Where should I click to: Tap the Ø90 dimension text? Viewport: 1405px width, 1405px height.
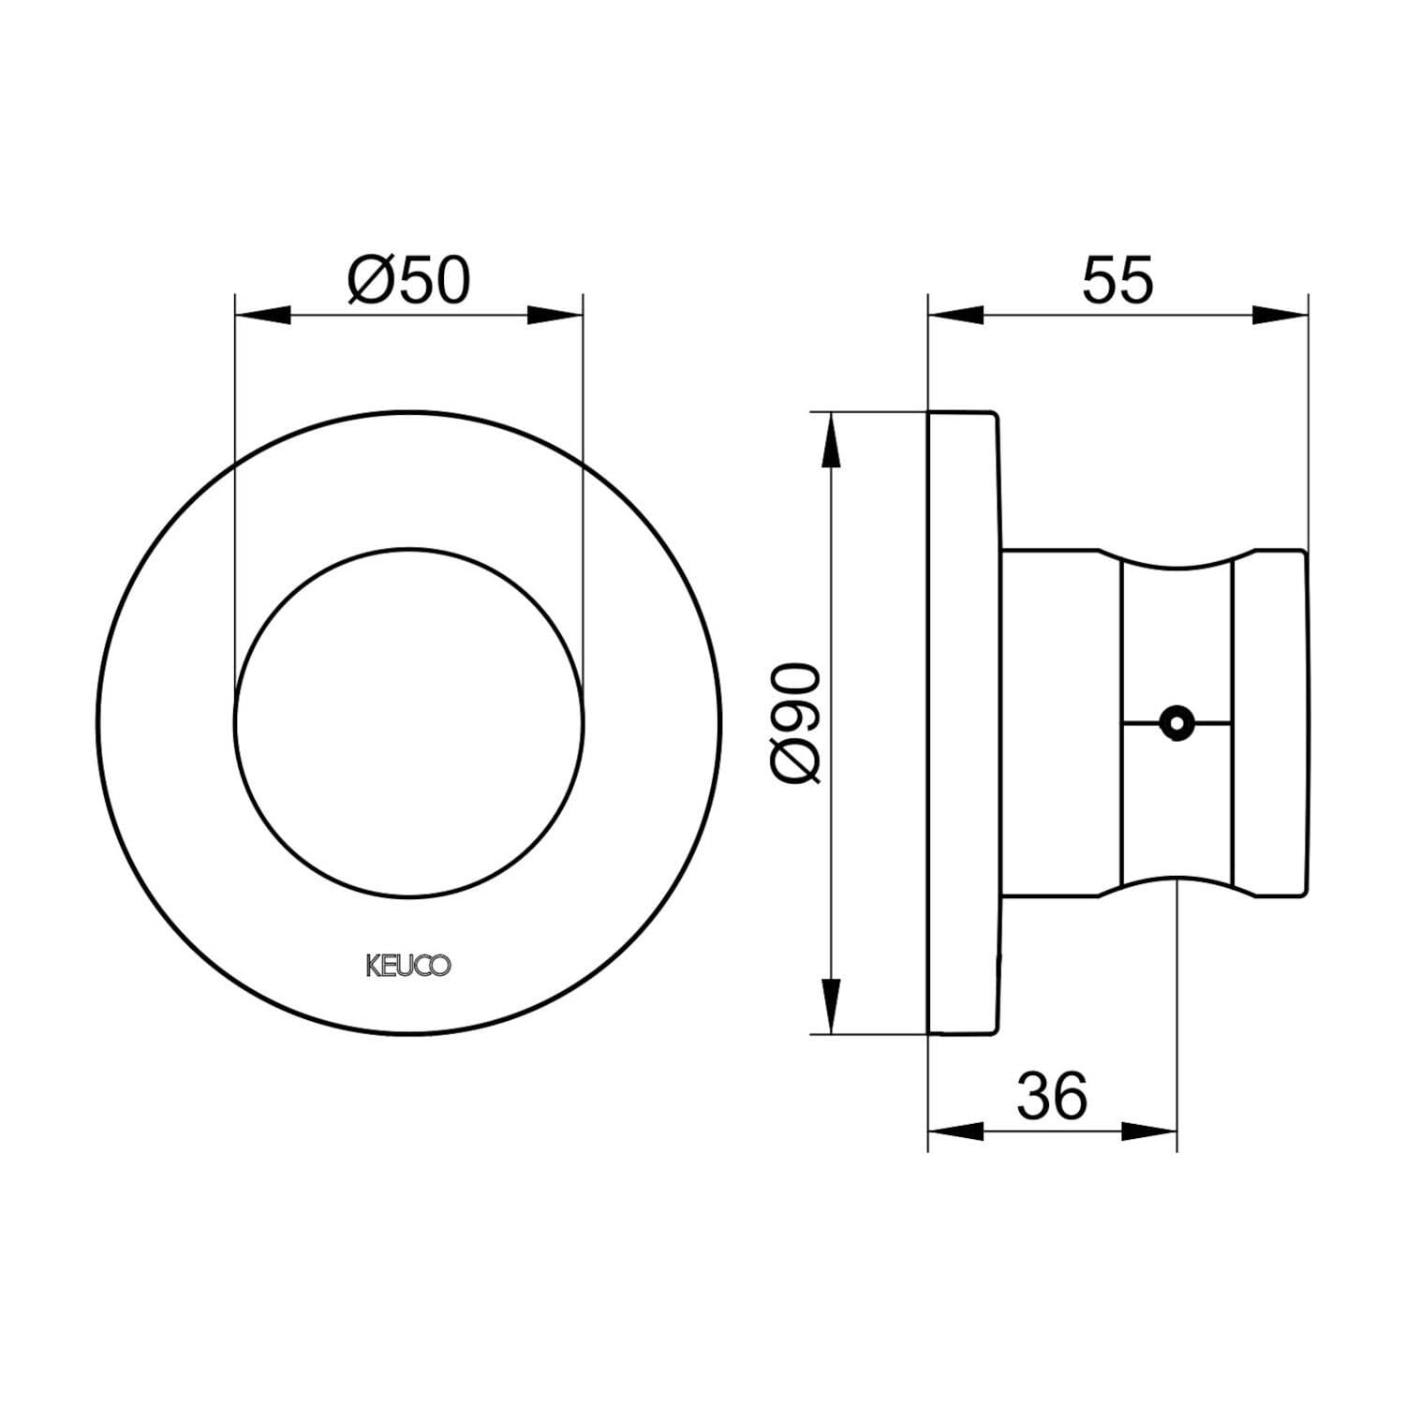(x=796, y=722)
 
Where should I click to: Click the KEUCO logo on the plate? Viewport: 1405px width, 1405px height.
(x=407, y=966)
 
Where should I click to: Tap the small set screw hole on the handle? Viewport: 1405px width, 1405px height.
(x=1175, y=722)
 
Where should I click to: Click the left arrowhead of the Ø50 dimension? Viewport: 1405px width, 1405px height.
(x=261, y=316)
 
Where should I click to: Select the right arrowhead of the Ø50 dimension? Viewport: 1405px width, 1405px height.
(x=555, y=316)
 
